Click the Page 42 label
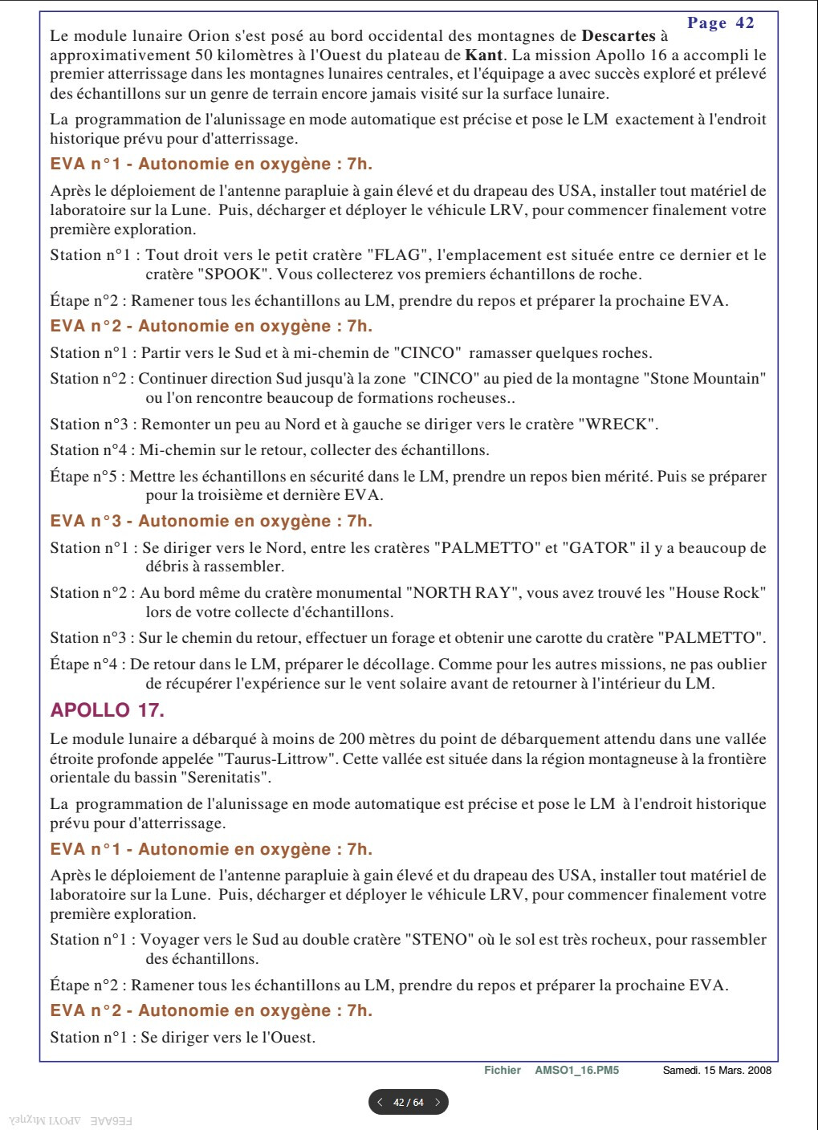pyautogui.click(x=720, y=23)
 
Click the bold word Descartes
pyautogui.click(x=618, y=36)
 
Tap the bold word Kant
pyautogui.click(x=483, y=55)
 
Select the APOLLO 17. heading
pyautogui.click(x=107, y=710)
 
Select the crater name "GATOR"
pyautogui.click(x=598, y=548)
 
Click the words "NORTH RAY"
pyautogui.click(x=461, y=593)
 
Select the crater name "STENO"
pyautogui.click(x=439, y=940)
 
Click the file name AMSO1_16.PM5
pyautogui.click(x=576, y=1071)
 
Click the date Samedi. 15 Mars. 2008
pyautogui.click(x=717, y=1071)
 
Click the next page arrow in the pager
pyautogui.click(x=437, y=1103)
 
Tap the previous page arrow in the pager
pyautogui.click(x=380, y=1103)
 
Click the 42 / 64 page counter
pyautogui.click(x=408, y=1103)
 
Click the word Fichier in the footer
pyautogui.click(x=503, y=1071)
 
